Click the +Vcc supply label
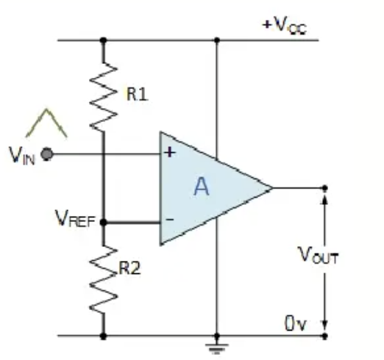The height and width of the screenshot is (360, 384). click(x=285, y=26)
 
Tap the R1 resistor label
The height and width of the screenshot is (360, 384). click(x=138, y=94)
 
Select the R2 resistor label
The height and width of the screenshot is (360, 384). click(x=129, y=268)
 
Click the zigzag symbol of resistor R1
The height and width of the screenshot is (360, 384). click(x=104, y=96)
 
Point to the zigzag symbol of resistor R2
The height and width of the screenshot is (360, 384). click(x=104, y=280)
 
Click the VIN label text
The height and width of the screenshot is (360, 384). click(x=22, y=156)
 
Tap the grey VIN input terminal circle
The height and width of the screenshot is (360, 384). click(x=47, y=154)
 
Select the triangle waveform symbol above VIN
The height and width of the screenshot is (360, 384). click(x=46, y=123)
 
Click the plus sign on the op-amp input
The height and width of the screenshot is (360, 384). click(x=170, y=152)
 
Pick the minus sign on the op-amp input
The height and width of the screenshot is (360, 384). click(x=170, y=220)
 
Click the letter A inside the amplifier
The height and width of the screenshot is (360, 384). click(x=202, y=187)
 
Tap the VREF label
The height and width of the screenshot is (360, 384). click(x=75, y=218)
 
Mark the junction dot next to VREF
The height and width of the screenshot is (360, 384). click(x=104, y=223)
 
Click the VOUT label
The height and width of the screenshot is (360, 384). click(x=318, y=255)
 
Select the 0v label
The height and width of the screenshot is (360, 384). click(x=296, y=323)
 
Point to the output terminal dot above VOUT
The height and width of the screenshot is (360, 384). click(x=324, y=188)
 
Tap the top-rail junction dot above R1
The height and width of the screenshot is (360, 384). click(x=104, y=40)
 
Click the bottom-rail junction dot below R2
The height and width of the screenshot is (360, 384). click(x=104, y=336)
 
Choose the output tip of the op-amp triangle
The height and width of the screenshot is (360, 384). click(x=273, y=188)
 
